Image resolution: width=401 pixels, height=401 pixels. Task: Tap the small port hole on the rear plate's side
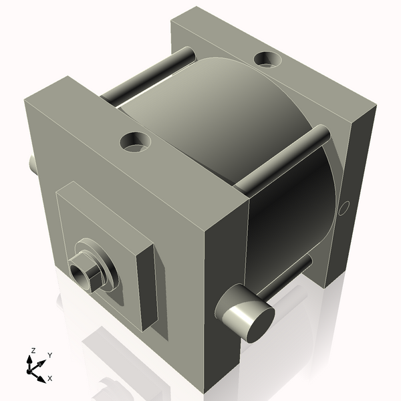click(344, 209)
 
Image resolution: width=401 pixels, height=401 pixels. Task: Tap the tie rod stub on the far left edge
click(31, 162)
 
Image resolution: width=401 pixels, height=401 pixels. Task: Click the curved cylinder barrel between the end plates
click(221, 120)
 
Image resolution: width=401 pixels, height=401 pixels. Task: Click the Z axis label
click(33, 350)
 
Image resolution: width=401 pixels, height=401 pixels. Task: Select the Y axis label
click(50, 355)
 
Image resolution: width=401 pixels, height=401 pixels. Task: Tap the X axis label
click(49, 378)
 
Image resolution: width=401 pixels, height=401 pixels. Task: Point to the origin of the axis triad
click(33, 367)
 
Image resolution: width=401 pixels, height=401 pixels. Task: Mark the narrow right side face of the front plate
click(225, 287)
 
